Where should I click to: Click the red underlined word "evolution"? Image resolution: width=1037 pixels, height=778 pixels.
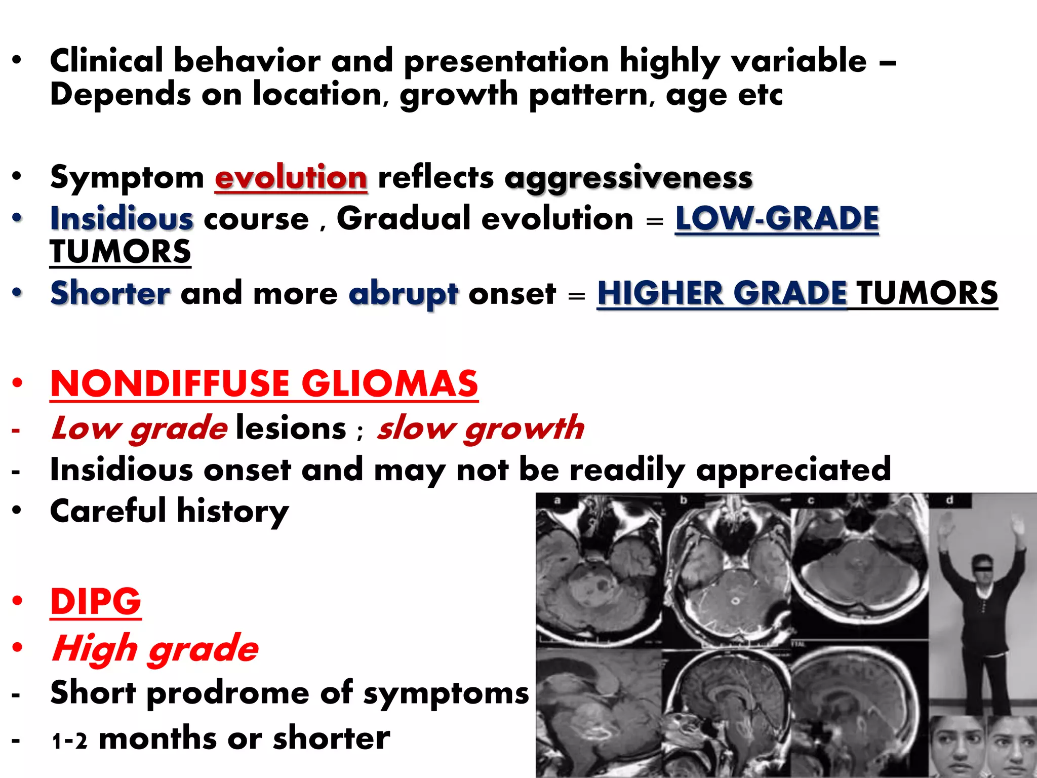click(291, 178)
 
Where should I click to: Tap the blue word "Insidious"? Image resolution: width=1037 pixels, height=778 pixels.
click(122, 219)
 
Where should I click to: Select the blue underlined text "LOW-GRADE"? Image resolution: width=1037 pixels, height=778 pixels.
click(777, 219)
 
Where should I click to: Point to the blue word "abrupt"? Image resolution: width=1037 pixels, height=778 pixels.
click(403, 294)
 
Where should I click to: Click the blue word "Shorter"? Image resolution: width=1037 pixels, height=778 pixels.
click(110, 293)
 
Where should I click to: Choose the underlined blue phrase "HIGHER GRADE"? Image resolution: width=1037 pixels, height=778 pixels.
click(722, 293)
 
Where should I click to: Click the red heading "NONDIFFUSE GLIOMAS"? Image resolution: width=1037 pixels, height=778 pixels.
click(264, 383)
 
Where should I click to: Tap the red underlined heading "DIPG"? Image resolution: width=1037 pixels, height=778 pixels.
click(96, 601)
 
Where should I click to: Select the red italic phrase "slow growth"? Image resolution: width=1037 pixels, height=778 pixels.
click(480, 428)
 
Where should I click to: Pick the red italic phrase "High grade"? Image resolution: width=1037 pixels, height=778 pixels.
click(155, 648)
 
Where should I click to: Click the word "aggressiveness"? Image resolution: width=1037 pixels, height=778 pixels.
click(628, 178)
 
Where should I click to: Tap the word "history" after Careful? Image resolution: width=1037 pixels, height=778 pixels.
click(233, 511)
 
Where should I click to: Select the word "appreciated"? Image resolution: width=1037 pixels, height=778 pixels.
click(793, 470)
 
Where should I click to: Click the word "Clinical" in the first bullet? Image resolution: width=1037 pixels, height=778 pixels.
click(106, 61)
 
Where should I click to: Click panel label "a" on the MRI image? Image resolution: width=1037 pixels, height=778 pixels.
click(557, 500)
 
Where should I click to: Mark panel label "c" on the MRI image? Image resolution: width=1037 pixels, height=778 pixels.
click(811, 500)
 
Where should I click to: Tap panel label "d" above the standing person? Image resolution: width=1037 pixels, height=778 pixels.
click(949, 500)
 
